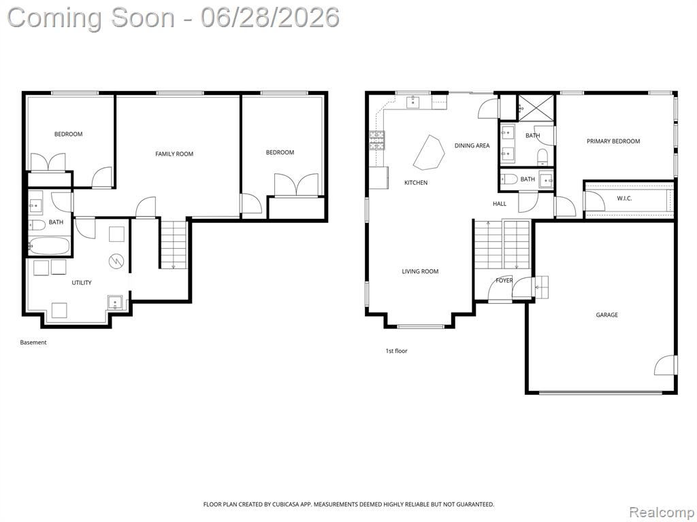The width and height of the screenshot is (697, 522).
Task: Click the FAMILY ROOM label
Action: (174, 154)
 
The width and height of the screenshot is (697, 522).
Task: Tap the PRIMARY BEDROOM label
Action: (613, 141)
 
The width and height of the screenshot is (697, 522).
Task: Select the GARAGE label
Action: (606, 315)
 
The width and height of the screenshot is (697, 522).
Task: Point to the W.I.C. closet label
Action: (624, 198)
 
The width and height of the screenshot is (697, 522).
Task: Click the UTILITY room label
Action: (82, 282)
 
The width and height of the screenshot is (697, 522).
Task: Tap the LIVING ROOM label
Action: (420, 271)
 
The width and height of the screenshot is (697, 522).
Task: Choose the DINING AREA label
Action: (472, 145)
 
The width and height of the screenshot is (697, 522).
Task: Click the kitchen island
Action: (429, 153)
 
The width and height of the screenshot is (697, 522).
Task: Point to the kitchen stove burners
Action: (376, 140)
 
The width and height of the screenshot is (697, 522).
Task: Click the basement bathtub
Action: (49, 246)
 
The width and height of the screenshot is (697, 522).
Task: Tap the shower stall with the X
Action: (536, 107)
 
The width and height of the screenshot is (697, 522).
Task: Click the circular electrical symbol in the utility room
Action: (116, 261)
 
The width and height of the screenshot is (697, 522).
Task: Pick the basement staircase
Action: (174, 244)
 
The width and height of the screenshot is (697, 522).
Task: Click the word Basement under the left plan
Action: (33, 343)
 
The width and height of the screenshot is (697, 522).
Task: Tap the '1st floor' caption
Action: (396, 351)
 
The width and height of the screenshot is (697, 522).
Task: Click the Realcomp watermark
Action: (660, 512)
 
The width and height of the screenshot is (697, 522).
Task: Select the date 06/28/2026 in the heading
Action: (270, 18)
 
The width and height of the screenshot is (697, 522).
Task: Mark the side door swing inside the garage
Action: (665, 365)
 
